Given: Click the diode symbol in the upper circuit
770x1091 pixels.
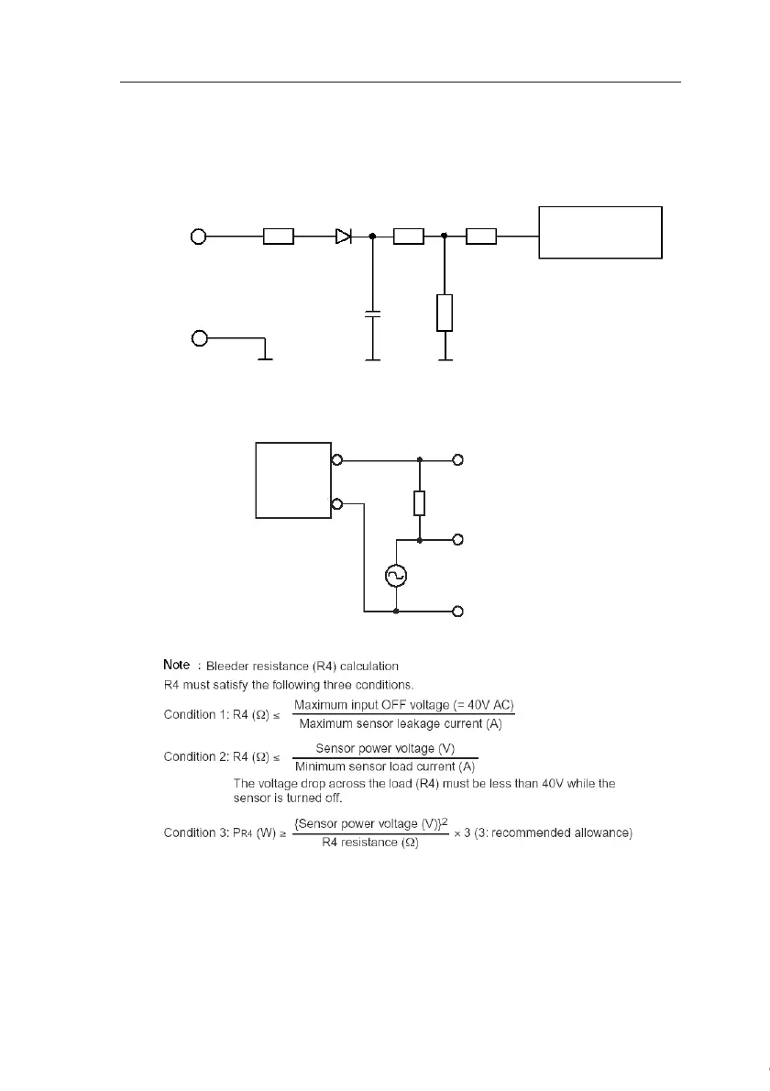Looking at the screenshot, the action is pyautogui.click(x=343, y=237).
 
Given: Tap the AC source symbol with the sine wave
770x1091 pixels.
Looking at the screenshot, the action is pyautogui.click(x=396, y=575).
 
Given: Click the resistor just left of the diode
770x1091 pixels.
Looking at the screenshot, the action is pyautogui.click(x=278, y=237).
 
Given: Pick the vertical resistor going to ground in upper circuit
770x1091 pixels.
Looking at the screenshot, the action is pyautogui.click(x=445, y=313).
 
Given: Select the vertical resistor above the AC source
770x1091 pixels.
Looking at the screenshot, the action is pyautogui.click(x=419, y=502).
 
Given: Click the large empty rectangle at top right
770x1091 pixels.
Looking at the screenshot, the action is pyautogui.click(x=600, y=233).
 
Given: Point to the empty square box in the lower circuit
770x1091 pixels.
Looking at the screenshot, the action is pyautogui.click(x=292, y=480).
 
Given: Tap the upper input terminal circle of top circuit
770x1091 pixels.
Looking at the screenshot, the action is pyautogui.click(x=197, y=237).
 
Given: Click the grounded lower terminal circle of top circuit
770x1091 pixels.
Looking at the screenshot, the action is pyautogui.click(x=197, y=338).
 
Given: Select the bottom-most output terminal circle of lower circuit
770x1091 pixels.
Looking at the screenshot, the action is pyautogui.click(x=458, y=611).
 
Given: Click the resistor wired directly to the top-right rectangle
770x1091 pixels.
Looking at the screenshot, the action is pyautogui.click(x=481, y=237).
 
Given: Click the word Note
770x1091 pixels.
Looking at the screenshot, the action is pyautogui.click(x=176, y=664).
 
